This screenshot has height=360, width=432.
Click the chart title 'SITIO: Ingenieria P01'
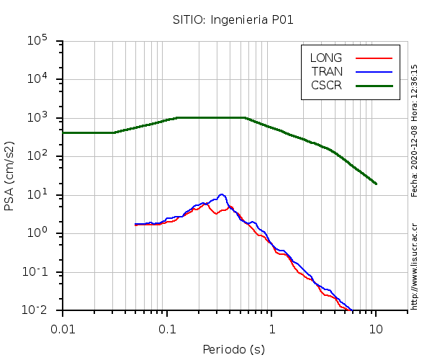[x=233, y=19]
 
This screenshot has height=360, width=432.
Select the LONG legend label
[x=326, y=58]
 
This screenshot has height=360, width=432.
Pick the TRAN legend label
[x=327, y=71]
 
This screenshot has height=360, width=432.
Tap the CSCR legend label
[x=326, y=85]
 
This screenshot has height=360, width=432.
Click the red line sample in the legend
[x=374, y=58]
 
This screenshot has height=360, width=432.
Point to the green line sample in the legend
[x=374, y=85]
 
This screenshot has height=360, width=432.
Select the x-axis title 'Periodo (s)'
[x=233, y=350]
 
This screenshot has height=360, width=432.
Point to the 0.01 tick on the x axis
[x=63, y=329]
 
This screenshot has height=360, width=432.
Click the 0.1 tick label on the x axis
[x=167, y=329]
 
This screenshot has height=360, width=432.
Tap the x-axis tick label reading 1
[x=271, y=329]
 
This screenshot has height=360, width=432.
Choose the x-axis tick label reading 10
[x=376, y=329]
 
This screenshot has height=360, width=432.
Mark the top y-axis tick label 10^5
[x=37, y=41]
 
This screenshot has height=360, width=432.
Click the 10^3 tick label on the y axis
[x=37, y=118]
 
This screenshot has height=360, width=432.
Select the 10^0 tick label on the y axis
[x=37, y=233]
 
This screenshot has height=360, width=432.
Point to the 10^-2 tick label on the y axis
[x=36, y=310]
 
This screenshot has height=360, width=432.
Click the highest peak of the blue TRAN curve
[x=222, y=194]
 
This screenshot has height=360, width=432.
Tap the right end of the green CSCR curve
[x=376, y=184]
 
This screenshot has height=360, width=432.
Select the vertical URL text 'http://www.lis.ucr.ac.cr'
[x=415, y=266]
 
